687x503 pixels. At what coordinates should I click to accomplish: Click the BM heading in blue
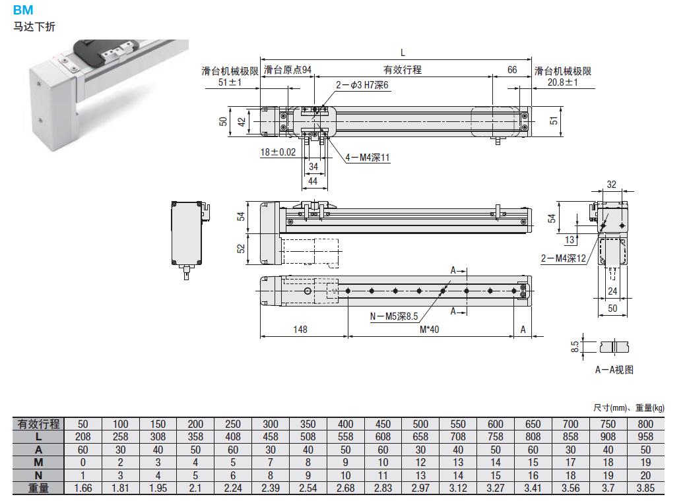click(x=23, y=11)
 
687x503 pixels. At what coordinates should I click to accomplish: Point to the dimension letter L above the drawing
click(x=403, y=53)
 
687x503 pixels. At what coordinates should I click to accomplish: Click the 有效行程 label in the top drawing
click(x=403, y=70)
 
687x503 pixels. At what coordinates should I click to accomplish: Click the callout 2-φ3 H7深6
click(x=363, y=85)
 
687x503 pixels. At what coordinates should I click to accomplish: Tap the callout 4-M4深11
click(x=368, y=158)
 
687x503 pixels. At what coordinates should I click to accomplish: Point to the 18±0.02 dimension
click(x=279, y=152)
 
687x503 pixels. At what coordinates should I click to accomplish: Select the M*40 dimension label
click(x=430, y=330)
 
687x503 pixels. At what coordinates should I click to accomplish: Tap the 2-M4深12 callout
click(x=564, y=259)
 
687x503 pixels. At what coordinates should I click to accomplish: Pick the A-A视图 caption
click(x=614, y=370)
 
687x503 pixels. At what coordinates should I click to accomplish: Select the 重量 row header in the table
click(x=39, y=487)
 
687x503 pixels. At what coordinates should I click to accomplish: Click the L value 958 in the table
click(x=645, y=436)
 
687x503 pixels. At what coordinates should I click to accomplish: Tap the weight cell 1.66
click(x=83, y=487)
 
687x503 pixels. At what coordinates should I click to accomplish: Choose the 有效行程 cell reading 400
click(x=345, y=424)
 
